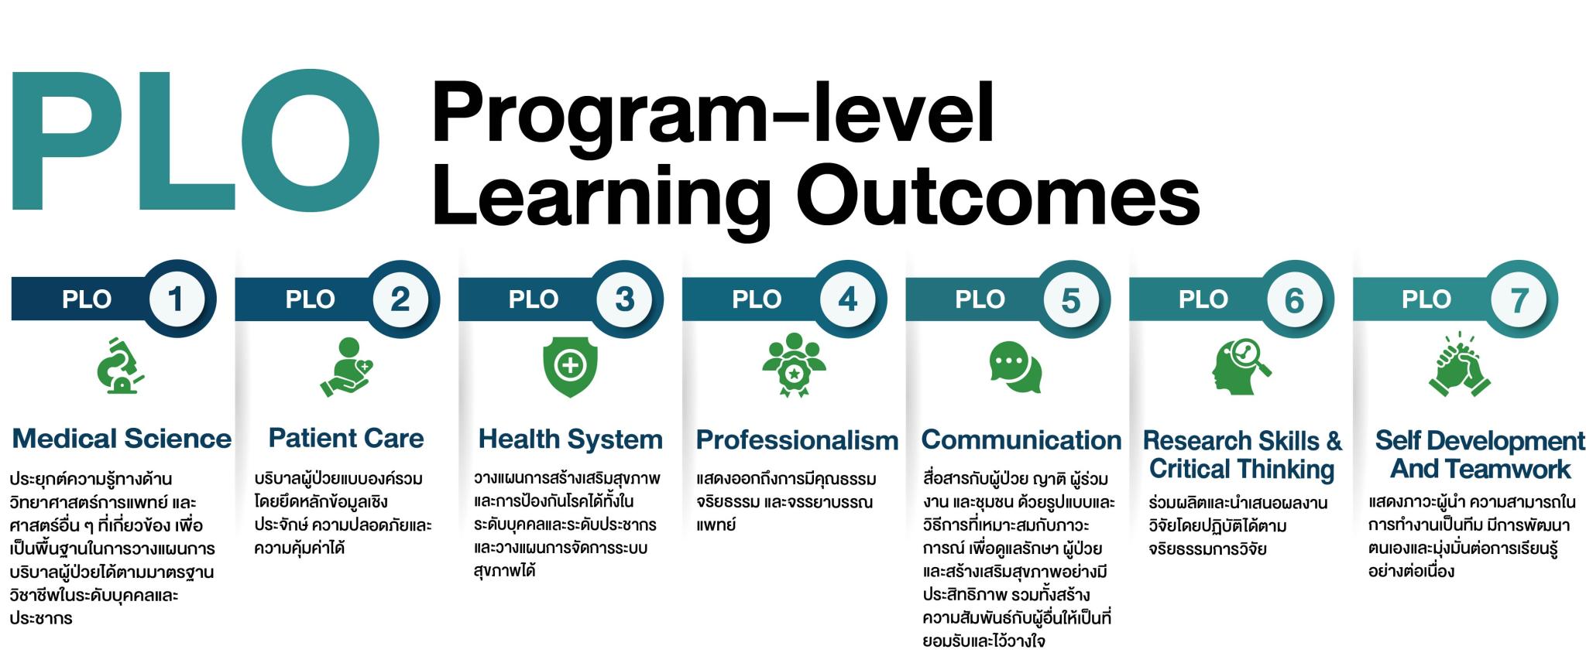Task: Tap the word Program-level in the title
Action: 712,114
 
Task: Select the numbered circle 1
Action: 176,299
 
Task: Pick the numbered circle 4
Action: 847,299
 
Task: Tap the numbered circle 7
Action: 1519,299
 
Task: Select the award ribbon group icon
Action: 794,364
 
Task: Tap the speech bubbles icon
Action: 1016,367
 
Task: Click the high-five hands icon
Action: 1460,364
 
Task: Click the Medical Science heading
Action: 122,439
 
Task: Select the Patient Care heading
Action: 346,438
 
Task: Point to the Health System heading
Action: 571,439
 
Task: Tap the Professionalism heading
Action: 797,440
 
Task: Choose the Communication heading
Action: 1021,440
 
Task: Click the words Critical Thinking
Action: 1242,469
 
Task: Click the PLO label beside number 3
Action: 533,299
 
